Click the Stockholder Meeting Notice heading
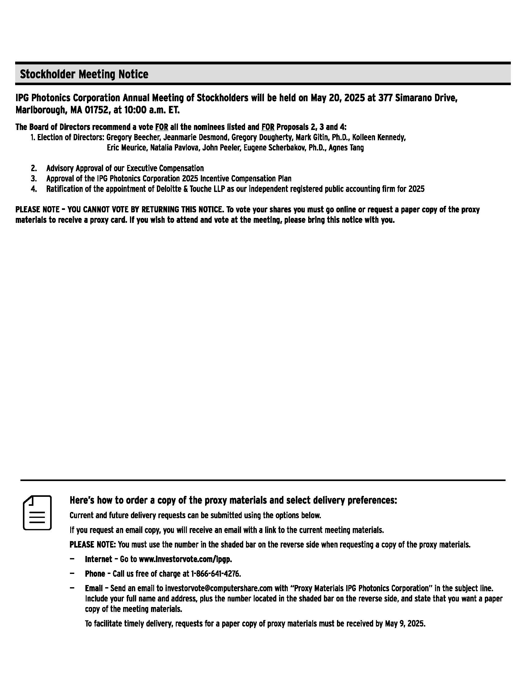click(x=84, y=74)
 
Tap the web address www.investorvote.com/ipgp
click(x=185, y=559)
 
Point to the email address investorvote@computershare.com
click(x=219, y=588)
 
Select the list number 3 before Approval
click(x=34, y=179)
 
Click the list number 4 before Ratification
click(x=34, y=189)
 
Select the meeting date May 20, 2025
click(x=338, y=98)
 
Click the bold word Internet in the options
click(x=98, y=559)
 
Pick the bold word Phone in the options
click(x=95, y=574)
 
